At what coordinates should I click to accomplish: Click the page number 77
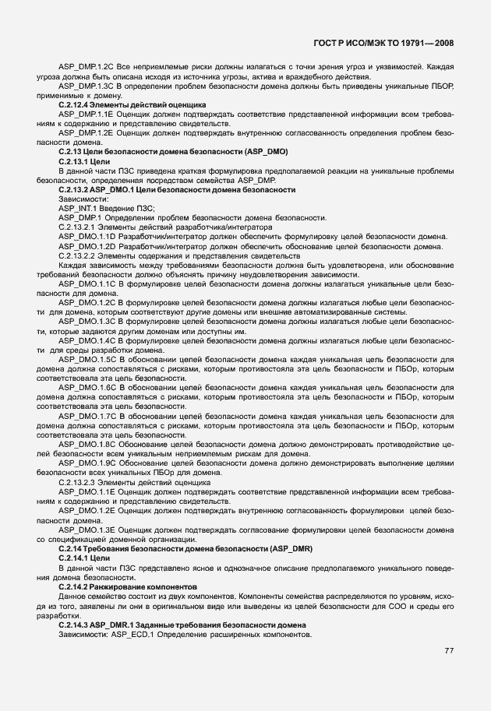point(449,651)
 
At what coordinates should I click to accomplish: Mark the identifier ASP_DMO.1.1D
point(87,236)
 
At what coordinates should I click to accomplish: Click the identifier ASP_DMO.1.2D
point(87,246)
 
